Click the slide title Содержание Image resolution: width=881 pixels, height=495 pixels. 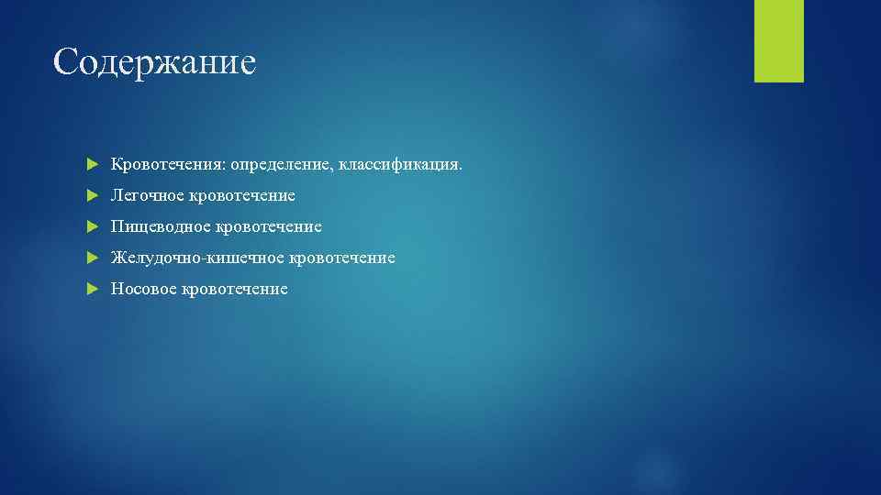(154, 61)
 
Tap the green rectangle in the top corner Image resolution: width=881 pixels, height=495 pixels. (778, 40)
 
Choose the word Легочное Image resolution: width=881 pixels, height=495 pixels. (148, 196)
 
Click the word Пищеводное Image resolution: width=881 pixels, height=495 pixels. (161, 226)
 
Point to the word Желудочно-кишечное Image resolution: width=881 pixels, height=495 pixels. (197, 258)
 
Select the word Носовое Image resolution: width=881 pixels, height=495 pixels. (144, 289)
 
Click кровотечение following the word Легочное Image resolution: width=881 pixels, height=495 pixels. (243, 196)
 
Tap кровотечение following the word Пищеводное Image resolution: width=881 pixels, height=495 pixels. (269, 226)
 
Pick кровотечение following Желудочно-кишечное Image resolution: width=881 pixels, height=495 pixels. (342, 258)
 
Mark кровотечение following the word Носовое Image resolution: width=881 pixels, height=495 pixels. (235, 289)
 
